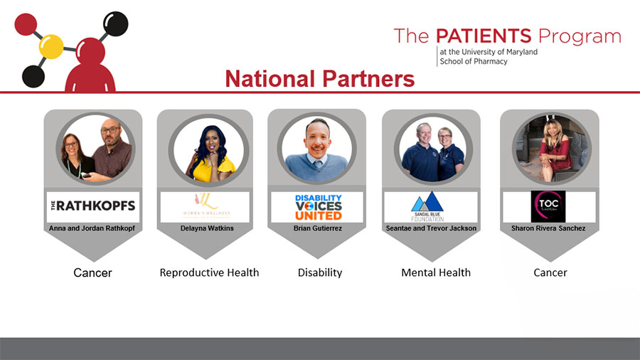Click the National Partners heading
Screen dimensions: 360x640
click(319, 79)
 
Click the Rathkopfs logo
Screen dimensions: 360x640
click(92, 207)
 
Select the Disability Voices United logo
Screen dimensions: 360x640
click(319, 207)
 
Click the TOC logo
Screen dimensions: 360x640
click(548, 207)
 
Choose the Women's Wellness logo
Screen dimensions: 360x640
click(206, 207)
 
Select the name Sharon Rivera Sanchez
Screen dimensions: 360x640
click(549, 228)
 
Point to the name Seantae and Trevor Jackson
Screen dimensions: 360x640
click(431, 228)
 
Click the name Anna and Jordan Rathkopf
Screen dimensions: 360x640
click(92, 228)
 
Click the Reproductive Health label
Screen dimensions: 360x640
click(209, 272)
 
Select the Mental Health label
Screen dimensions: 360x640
click(436, 272)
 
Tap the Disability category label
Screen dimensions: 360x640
click(319, 272)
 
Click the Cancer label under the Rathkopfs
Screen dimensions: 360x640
click(92, 272)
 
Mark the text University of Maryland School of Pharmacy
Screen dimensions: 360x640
click(488, 57)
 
